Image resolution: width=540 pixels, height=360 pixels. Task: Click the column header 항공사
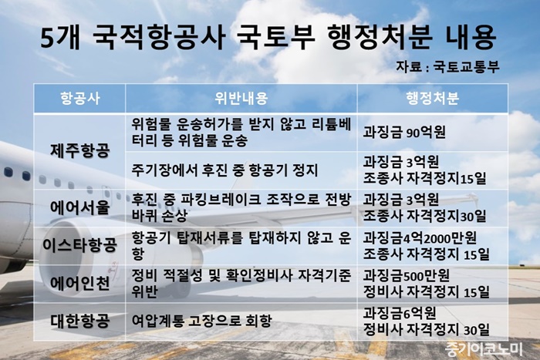point(80,99)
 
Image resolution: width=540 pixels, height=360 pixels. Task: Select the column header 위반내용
point(241,99)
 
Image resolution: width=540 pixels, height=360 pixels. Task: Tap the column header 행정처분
point(432,99)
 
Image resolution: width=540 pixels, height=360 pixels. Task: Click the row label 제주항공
point(80,151)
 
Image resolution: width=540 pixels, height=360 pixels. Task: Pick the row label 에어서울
point(80,207)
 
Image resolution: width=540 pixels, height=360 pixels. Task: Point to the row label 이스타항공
point(80,245)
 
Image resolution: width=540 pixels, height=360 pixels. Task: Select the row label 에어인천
point(80,283)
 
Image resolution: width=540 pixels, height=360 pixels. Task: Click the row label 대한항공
point(80,321)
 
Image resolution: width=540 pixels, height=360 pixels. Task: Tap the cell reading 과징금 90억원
point(404,132)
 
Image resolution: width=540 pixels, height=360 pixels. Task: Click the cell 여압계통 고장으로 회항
point(202,321)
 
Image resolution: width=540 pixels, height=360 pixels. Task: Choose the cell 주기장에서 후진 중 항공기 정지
point(224,170)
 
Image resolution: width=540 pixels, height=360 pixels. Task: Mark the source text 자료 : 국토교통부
point(447,66)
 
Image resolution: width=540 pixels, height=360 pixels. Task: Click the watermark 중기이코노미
point(484,349)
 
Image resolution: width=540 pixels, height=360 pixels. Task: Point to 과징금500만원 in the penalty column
point(407,275)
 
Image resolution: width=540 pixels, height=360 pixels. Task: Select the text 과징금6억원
point(400,313)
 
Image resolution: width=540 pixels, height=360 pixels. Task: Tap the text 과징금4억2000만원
point(420,238)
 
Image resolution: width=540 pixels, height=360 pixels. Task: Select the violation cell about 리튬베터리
point(241,132)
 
